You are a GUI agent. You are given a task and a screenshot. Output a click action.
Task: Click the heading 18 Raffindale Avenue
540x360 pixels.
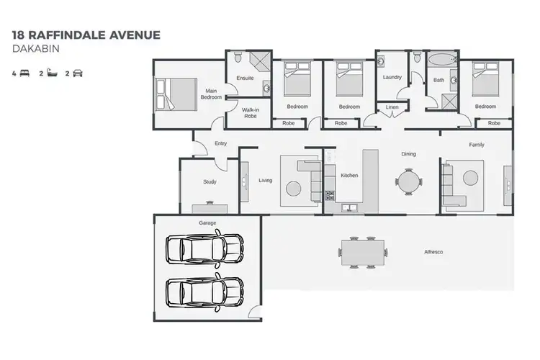point(86,34)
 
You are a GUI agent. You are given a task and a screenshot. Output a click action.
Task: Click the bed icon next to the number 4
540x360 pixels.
point(25,73)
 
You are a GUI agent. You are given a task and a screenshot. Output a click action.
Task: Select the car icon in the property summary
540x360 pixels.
point(78,73)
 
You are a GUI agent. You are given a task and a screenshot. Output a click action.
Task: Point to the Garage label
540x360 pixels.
point(207,223)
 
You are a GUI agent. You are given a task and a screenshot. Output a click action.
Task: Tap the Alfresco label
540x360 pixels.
point(433,252)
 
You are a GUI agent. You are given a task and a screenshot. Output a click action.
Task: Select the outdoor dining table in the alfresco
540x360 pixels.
point(364,252)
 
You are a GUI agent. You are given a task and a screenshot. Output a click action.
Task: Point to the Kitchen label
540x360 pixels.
point(349,176)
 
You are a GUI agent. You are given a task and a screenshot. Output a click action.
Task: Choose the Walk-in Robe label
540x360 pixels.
point(250,113)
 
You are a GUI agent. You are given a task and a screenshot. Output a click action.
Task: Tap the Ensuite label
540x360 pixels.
point(245,78)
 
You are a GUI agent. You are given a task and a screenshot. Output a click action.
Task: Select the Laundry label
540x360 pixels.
point(392,77)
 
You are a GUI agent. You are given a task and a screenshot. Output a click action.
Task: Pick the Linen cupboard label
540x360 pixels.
point(392,107)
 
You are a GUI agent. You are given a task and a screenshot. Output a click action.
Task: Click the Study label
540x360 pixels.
point(209,182)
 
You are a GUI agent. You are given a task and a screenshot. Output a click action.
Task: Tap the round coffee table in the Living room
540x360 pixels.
point(294,189)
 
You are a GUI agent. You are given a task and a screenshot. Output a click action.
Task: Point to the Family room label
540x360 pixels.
point(477,145)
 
